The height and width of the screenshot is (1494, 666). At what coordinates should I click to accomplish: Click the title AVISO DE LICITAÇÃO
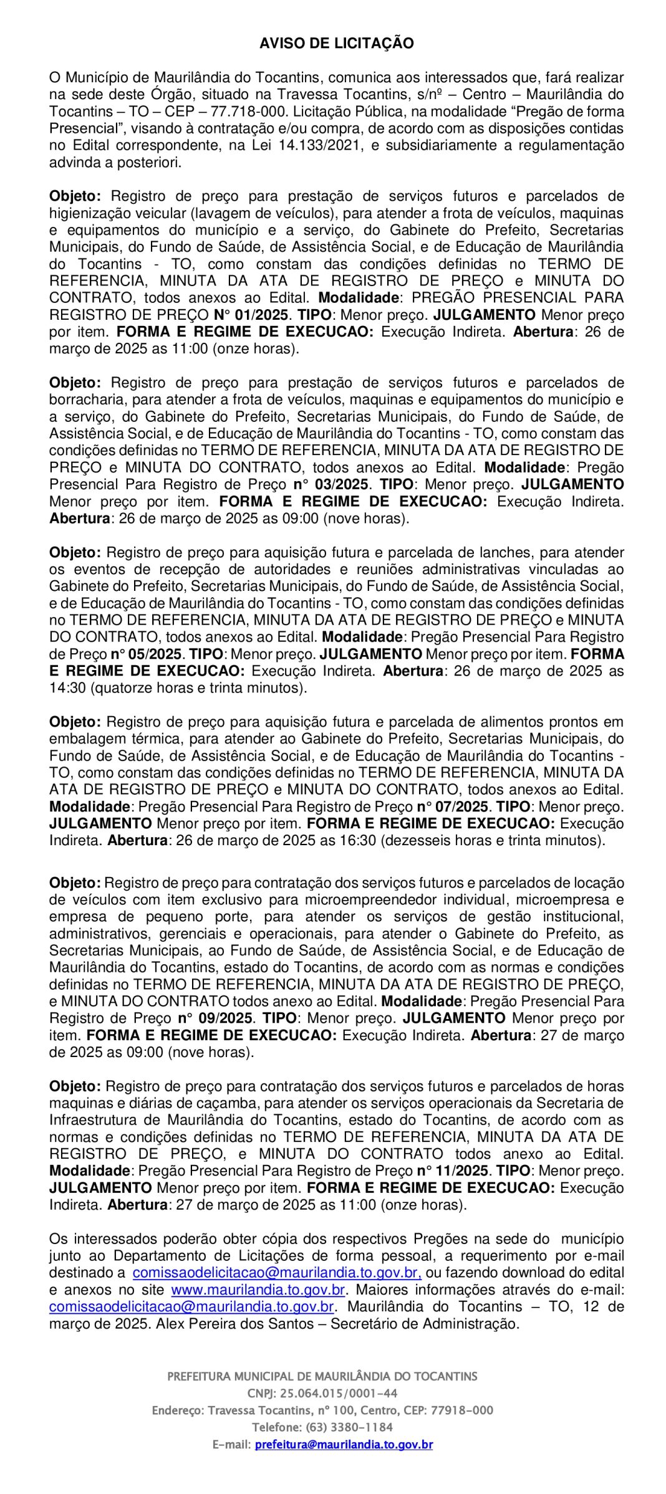point(336,43)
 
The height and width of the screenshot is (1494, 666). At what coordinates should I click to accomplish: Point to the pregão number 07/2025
point(461,807)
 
